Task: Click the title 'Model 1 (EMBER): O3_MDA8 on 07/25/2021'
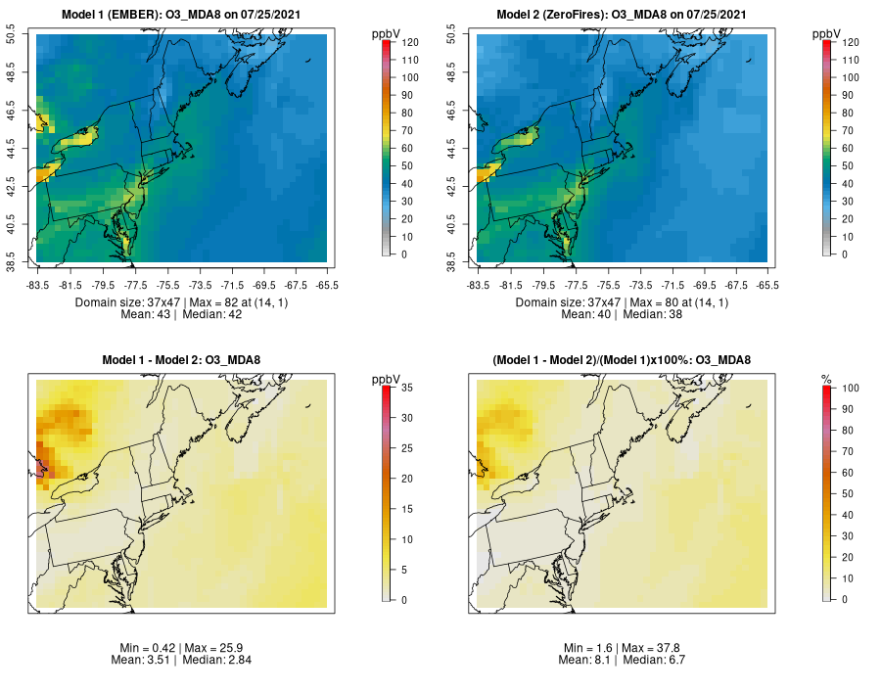click(181, 15)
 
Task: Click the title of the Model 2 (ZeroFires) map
click(622, 15)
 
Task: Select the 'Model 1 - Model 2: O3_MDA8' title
click(181, 360)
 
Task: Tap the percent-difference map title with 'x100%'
click(622, 360)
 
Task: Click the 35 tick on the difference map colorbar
click(404, 389)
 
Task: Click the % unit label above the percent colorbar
click(826, 379)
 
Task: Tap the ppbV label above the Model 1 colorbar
click(387, 33)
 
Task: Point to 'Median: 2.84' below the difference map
click(216, 660)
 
